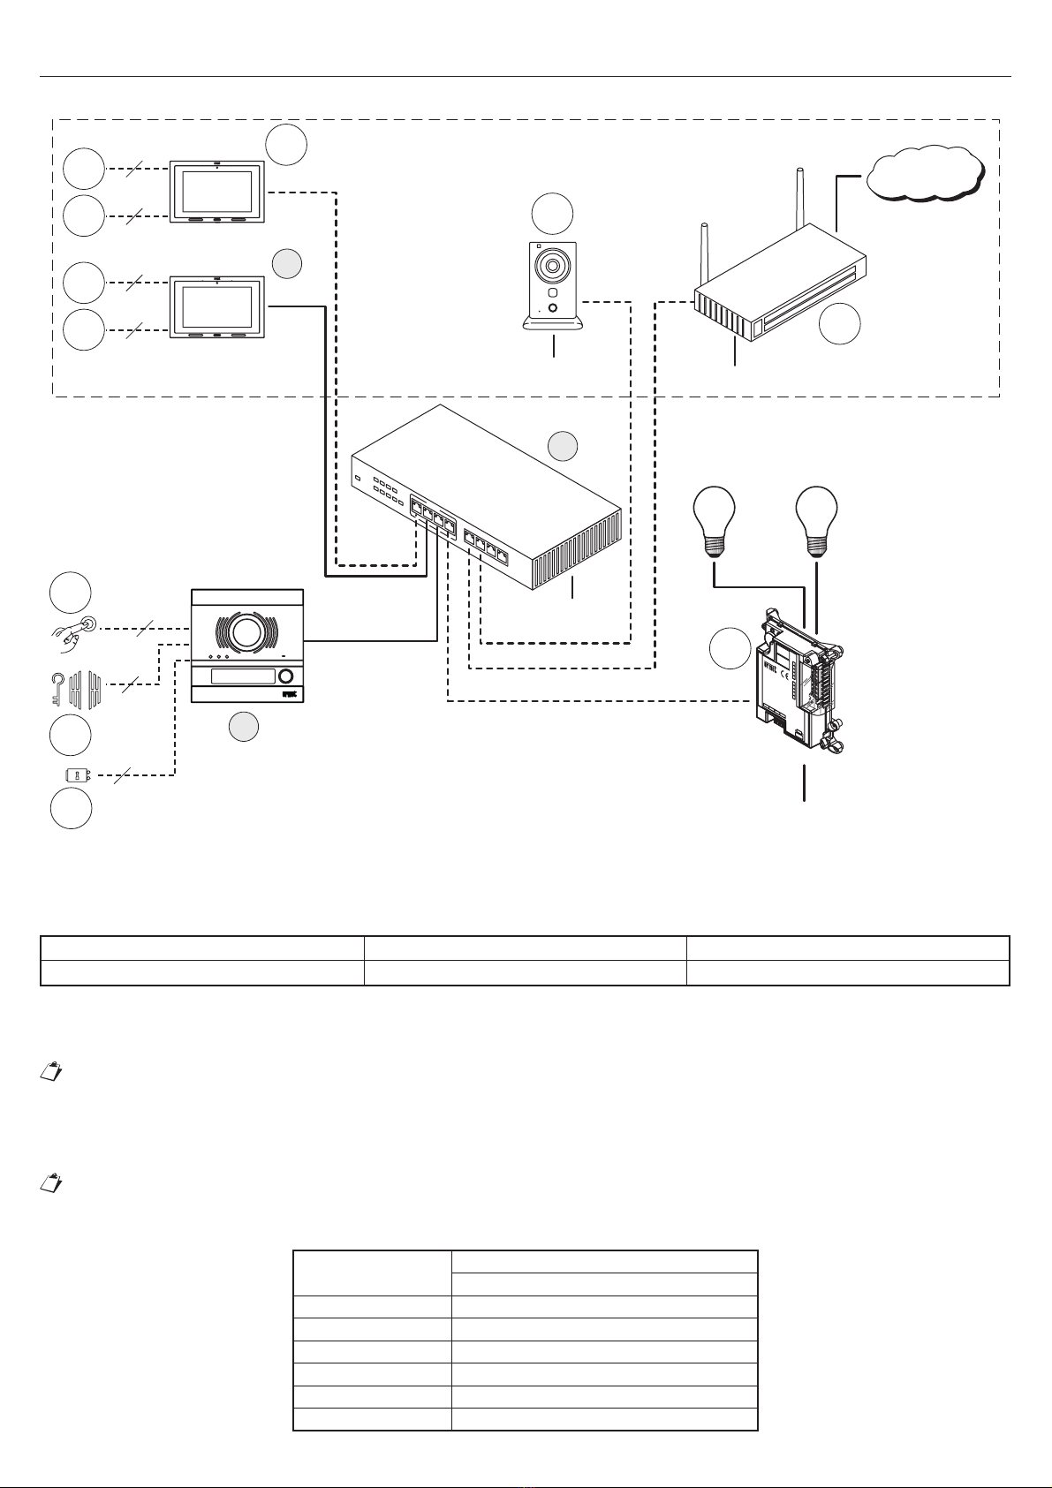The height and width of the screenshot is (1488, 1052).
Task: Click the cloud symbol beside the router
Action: tap(925, 174)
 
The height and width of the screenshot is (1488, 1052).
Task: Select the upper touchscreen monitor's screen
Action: tap(216, 191)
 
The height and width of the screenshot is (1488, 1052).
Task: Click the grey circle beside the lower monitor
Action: tap(286, 263)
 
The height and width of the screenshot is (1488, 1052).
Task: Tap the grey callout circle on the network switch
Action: tap(563, 447)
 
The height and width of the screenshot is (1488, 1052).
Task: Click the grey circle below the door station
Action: tap(244, 728)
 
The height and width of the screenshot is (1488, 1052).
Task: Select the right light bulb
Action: tap(816, 520)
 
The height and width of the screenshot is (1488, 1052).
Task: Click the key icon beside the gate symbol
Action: tap(56, 686)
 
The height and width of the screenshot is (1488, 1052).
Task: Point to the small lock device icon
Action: tap(78, 776)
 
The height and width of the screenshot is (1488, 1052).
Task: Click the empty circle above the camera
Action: tap(552, 215)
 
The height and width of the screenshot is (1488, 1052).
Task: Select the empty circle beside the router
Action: tap(839, 324)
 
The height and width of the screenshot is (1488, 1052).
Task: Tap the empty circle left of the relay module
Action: tap(730, 649)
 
